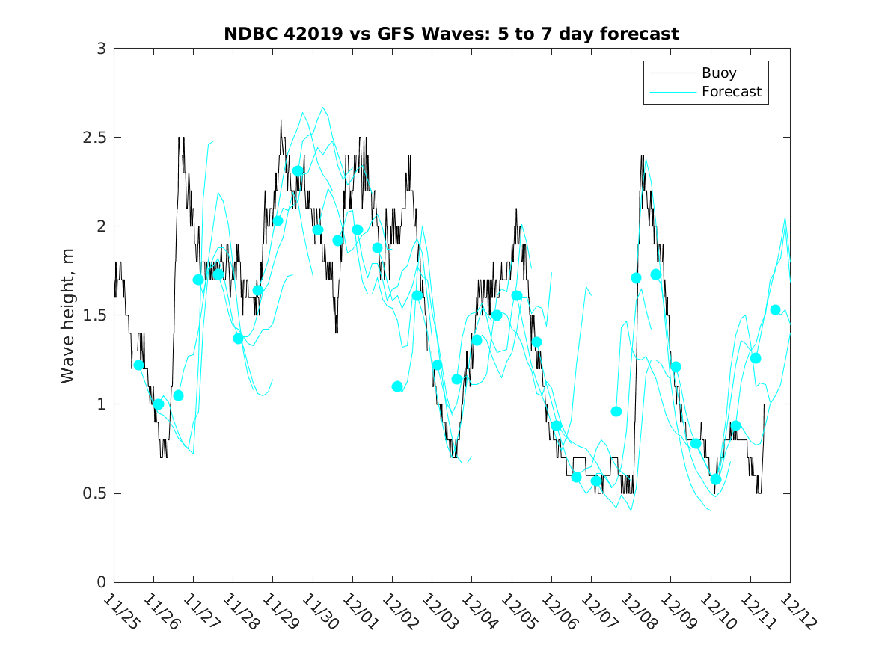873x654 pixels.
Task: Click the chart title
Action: pos(451,34)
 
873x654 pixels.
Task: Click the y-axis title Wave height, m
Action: pos(68,315)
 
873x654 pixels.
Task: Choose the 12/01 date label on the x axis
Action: pos(357,612)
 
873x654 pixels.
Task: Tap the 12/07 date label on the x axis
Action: pos(595,612)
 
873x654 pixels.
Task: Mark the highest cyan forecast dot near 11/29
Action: pos(298,171)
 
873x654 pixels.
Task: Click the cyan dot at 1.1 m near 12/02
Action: pos(397,386)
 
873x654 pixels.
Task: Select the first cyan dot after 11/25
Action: pos(138,365)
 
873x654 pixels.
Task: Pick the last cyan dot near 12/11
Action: pos(776,309)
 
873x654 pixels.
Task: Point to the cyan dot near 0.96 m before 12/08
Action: pos(616,411)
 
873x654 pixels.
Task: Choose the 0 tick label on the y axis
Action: pos(101,582)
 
